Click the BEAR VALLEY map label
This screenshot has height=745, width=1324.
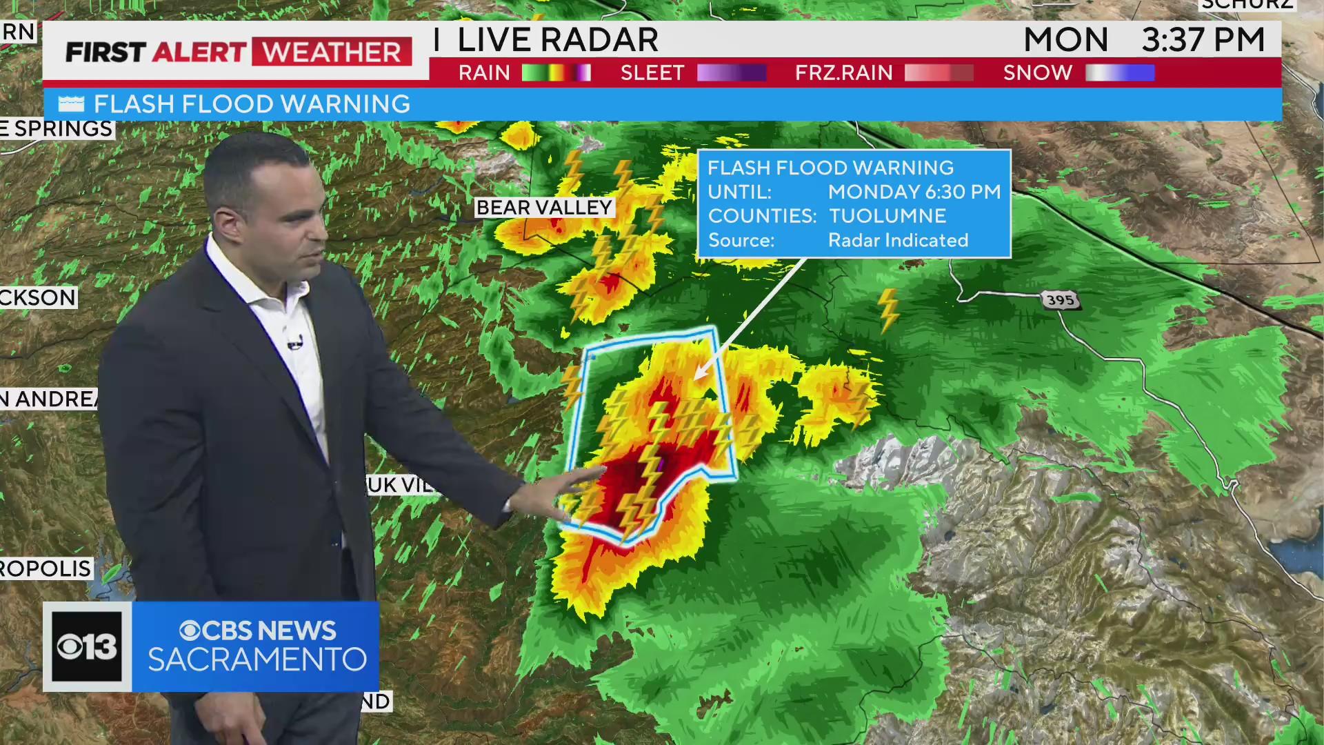point(544,208)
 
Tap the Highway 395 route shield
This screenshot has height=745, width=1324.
point(1060,300)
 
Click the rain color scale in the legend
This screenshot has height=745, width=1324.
point(556,72)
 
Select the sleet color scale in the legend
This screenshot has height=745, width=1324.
point(731,72)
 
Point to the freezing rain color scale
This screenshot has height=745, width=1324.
point(939,72)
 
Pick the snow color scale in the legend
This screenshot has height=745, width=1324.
point(1119,72)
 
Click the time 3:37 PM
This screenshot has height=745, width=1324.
point(1203,39)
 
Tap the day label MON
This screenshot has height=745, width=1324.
point(1065,39)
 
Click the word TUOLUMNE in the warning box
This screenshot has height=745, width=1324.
point(887,216)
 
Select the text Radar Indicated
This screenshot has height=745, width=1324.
point(898,240)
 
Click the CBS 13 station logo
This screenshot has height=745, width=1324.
point(87,646)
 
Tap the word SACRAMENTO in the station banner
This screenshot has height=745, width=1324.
point(257,659)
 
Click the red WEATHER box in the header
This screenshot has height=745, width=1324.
point(332,52)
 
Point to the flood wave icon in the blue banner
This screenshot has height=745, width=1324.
point(71,104)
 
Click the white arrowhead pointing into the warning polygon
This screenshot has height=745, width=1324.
point(701,373)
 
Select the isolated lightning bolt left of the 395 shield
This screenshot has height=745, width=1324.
point(888,310)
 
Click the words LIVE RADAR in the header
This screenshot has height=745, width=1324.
point(557,39)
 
